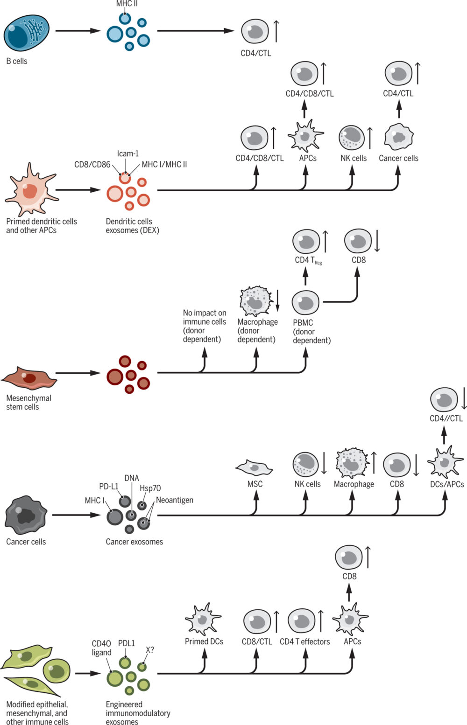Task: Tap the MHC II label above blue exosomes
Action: pos(127,4)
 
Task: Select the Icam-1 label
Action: pos(127,153)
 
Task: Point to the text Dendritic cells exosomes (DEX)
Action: pos(132,226)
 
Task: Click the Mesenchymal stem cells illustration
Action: pos(29,376)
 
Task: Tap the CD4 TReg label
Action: pos(308,260)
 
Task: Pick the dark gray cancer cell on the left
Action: pos(26,515)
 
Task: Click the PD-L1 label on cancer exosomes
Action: pos(108,487)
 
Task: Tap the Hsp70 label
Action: pos(150,488)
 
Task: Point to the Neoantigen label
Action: pos(174,500)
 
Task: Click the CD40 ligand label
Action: pos(101,648)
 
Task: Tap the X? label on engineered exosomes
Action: pos(149,649)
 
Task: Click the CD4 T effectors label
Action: pos(304,641)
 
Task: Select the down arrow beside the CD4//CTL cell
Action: pos(464,400)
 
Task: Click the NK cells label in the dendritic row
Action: pos(353,158)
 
